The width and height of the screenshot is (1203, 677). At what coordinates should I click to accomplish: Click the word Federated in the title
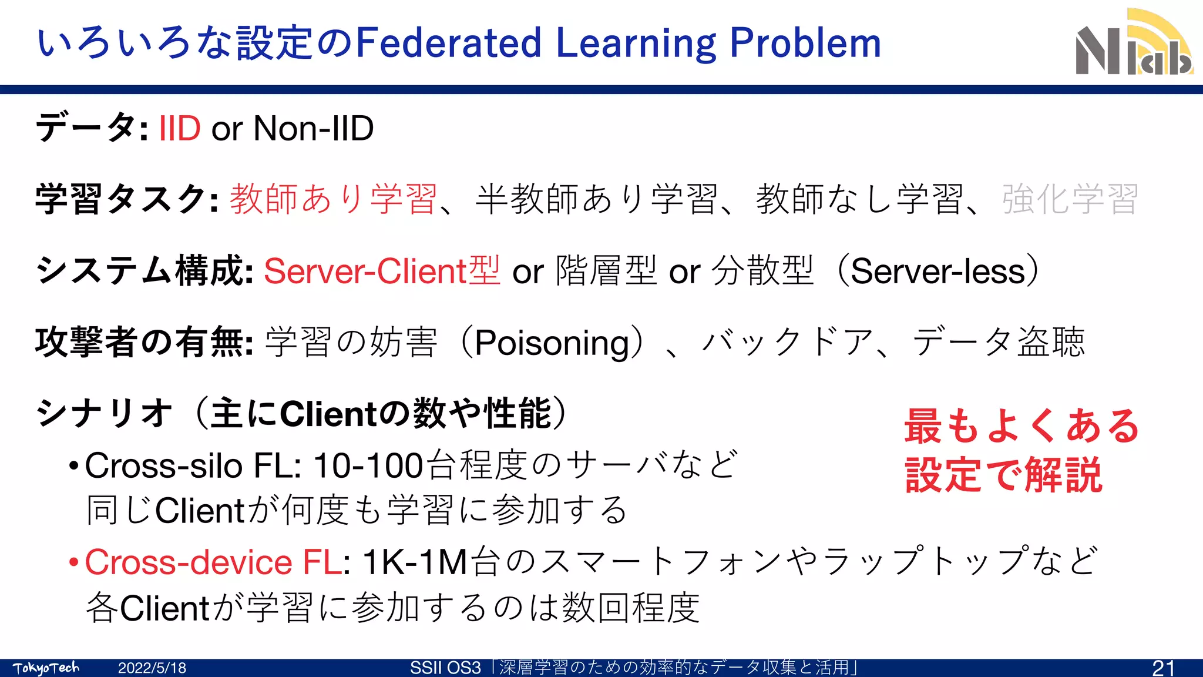449,43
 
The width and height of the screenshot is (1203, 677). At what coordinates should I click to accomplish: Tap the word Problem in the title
805,43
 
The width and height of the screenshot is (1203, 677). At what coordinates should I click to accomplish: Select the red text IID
180,128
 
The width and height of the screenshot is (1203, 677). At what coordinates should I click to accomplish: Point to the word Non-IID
314,128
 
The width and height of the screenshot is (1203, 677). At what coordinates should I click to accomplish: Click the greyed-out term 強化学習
1070,199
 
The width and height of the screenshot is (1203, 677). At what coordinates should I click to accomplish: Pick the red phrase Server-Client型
382,271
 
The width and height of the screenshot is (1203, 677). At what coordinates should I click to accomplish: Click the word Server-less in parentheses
937,271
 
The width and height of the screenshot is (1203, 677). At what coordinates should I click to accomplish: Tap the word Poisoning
552,343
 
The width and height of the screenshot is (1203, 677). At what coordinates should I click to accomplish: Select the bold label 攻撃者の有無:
144,343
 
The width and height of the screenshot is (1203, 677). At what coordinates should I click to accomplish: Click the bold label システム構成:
144,271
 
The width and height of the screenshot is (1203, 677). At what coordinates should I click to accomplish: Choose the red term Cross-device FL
213,562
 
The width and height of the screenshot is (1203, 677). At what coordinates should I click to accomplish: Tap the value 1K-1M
415,562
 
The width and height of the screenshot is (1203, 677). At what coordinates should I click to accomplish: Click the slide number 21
1163,668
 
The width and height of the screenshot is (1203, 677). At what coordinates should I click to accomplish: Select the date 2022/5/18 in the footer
152,668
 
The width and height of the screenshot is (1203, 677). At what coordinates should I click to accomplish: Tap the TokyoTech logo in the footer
46,668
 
